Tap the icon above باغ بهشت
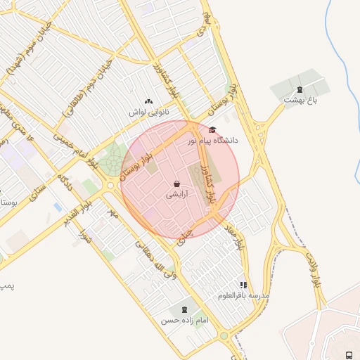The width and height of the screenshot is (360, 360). coord(300,89)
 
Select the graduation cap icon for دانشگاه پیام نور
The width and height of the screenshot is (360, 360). coord(212,129)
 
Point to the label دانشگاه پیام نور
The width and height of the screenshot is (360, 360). coord(212,141)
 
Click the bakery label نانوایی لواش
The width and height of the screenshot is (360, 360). coord(147,112)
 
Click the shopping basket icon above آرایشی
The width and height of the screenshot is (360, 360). coord(175,185)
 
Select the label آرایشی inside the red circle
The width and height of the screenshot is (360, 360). coord(175,197)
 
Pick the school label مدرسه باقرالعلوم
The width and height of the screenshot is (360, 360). coord(243,296)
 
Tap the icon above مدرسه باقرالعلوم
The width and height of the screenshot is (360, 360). coord(243,285)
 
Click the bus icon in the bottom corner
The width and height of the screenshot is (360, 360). coord(349,354)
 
